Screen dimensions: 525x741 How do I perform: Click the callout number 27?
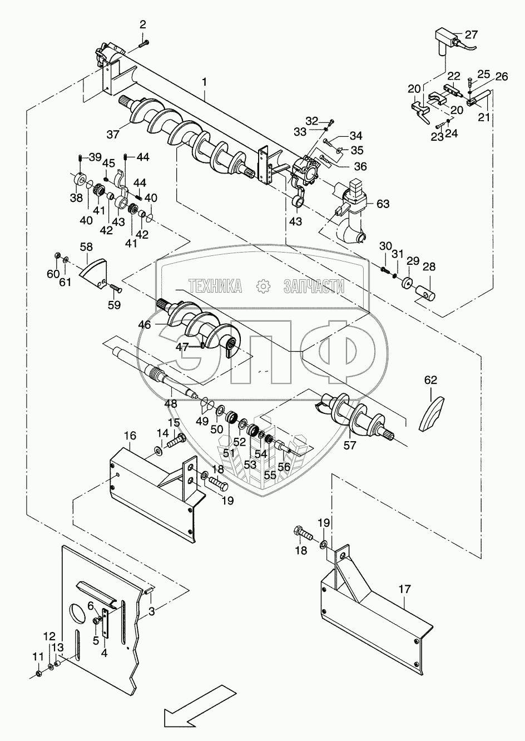471,34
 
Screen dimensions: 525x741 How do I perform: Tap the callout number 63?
383,204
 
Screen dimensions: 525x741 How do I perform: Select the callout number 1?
205,82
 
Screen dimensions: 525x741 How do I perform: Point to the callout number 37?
113,135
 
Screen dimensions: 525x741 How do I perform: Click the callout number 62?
430,380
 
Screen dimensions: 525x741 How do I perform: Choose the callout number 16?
130,436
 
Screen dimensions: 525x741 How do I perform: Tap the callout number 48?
171,403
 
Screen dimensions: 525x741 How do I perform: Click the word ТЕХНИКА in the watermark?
215,286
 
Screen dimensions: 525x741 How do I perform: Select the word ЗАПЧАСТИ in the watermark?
314,286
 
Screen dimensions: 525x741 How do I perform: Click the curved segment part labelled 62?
432,413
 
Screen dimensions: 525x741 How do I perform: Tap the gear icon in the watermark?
264,286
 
